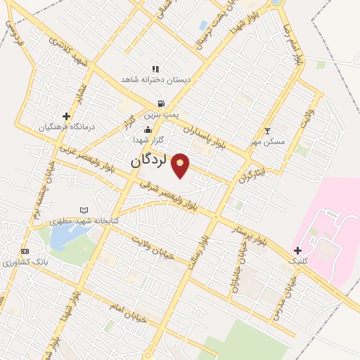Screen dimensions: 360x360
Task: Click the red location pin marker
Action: click(x=181, y=165)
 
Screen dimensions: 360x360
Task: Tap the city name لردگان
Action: click(x=148, y=161)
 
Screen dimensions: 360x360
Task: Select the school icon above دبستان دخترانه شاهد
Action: click(x=155, y=70)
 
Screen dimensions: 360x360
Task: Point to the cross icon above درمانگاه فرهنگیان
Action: click(x=67, y=116)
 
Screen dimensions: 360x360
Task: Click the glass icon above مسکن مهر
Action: click(x=267, y=131)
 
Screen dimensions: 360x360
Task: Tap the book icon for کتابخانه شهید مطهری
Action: click(x=85, y=210)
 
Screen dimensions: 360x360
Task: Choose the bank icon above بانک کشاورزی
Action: click(x=26, y=252)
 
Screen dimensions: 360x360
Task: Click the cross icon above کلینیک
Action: click(x=298, y=250)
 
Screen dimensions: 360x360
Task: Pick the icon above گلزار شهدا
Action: click(x=148, y=129)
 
